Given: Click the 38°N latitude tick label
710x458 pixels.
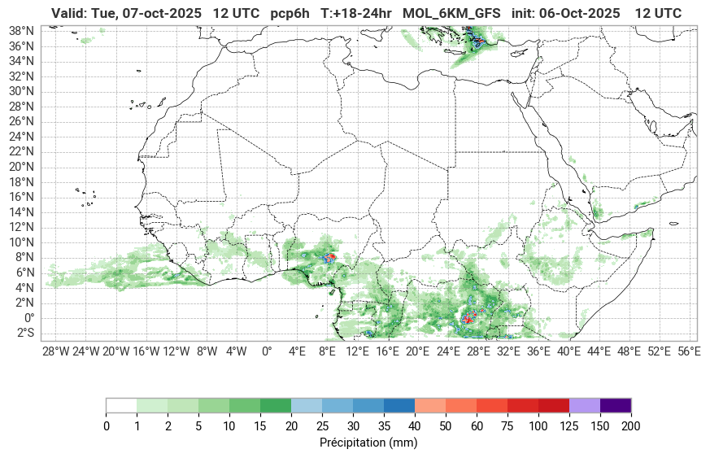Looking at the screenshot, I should tap(21, 31).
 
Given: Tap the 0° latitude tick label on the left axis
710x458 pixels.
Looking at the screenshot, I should tap(28, 318).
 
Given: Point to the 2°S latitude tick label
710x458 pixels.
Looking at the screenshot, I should tap(23, 334).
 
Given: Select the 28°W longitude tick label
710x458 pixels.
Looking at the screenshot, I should tap(55, 351).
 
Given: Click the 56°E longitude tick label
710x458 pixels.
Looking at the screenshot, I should tap(689, 351).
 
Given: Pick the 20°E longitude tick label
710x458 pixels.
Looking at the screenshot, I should tap(417, 351).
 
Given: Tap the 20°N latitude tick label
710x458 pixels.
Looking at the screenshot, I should tap(21, 167).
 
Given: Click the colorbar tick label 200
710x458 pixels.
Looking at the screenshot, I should tap(630, 426).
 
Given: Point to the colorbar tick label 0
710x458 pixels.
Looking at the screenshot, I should tap(106, 426).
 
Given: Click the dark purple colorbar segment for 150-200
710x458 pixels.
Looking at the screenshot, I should tap(615, 406).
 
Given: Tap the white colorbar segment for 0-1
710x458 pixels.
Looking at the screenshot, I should tap(121, 406).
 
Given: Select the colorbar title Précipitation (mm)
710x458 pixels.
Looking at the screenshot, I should tap(368, 443).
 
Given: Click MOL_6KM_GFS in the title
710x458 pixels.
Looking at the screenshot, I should tap(452, 14).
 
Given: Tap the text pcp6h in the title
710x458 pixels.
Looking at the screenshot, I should tap(291, 14).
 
